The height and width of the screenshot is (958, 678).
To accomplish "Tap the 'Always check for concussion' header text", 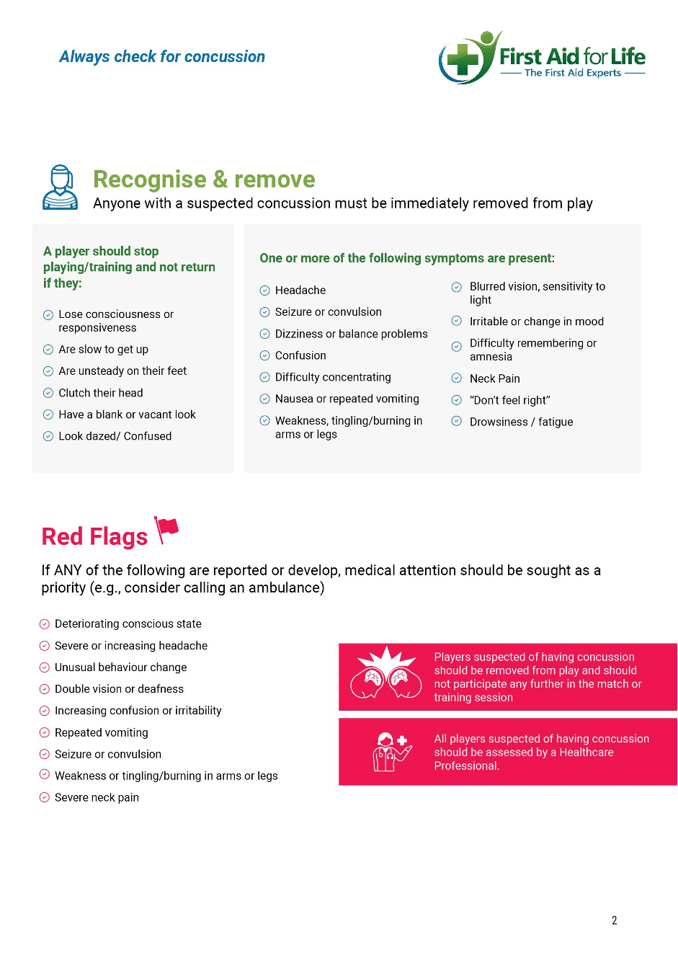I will (162, 57).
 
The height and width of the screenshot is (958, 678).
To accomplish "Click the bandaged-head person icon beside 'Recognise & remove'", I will (61, 187).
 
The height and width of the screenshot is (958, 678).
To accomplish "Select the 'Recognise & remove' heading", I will (204, 179).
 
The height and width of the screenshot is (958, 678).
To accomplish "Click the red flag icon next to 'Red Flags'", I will (166, 530).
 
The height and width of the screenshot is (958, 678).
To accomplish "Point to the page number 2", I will (614, 921).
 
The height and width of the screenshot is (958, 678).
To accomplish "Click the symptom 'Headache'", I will (300, 290).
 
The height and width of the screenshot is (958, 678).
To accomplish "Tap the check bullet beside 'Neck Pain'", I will (456, 378).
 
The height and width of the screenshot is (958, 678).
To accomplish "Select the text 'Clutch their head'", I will (101, 393).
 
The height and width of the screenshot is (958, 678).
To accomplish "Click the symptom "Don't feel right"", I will (509, 400).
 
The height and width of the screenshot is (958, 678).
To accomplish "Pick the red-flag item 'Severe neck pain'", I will (97, 798).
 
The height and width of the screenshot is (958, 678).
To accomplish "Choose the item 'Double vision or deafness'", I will (119, 689).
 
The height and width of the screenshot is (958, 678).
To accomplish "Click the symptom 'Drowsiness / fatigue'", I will (521, 422).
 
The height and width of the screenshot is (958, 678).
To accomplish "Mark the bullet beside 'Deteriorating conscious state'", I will (44, 624).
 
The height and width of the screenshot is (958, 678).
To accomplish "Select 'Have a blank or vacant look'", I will (127, 414).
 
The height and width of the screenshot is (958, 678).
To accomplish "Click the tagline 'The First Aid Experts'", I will (573, 73).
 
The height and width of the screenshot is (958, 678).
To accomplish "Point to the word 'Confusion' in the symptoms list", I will (300, 355).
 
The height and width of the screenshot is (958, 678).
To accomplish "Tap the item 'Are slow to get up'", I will (103, 350).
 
